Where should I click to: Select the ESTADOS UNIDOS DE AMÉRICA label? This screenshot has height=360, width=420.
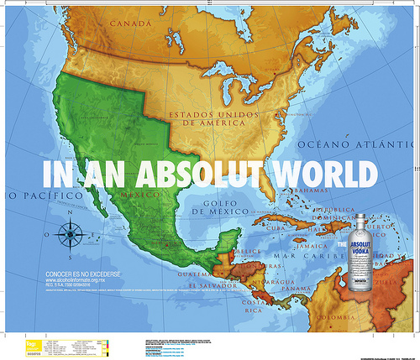pyautogui.click(x=214, y=118)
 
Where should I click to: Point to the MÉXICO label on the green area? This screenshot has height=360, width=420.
pyautogui.click(x=141, y=195)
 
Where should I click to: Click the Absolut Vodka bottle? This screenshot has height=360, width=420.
pyautogui.click(x=360, y=255)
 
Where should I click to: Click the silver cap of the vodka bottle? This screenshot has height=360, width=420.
pyautogui.click(x=360, y=220)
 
